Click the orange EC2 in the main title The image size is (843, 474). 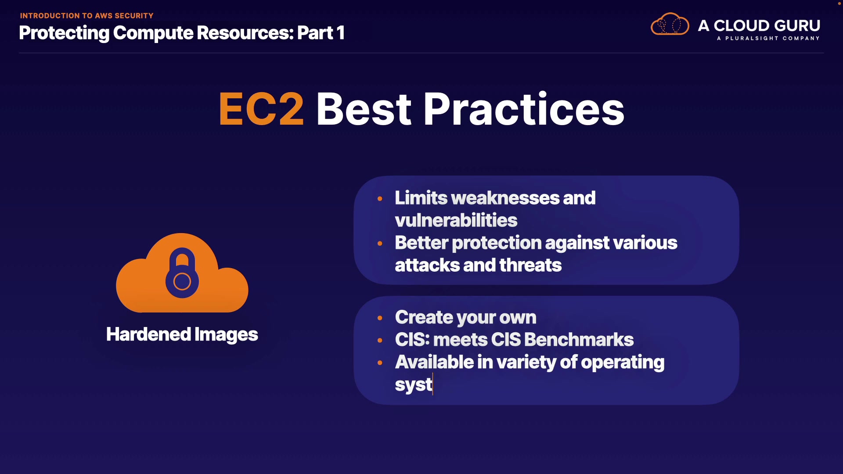pyautogui.click(x=261, y=109)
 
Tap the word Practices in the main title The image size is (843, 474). pyautogui.click(x=523, y=109)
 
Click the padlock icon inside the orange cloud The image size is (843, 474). pyautogui.click(x=182, y=273)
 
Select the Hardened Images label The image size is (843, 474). pyautogui.click(x=182, y=334)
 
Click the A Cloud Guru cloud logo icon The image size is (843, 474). pyautogui.click(x=670, y=24)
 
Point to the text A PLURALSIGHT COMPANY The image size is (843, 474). pyautogui.click(x=768, y=38)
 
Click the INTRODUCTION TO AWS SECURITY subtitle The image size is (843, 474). pyautogui.click(x=86, y=16)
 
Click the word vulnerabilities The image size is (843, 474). pyautogui.click(x=456, y=220)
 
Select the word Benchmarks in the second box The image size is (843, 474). pyautogui.click(x=579, y=339)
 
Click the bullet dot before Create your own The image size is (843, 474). pyautogui.click(x=380, y=318)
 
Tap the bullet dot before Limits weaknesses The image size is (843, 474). pyautogui.click(x=380, y=199)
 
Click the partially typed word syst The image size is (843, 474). pyautogui.click(x=414, y=385)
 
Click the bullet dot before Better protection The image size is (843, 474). pyautogui.click(x=380, y=244)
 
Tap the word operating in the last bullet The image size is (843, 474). pyautogui.click(x=623, y=363)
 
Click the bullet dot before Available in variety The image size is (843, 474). pyautogui.click(x=380, y=363)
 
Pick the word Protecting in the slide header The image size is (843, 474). pyautogui.click(x=64, y=33)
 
